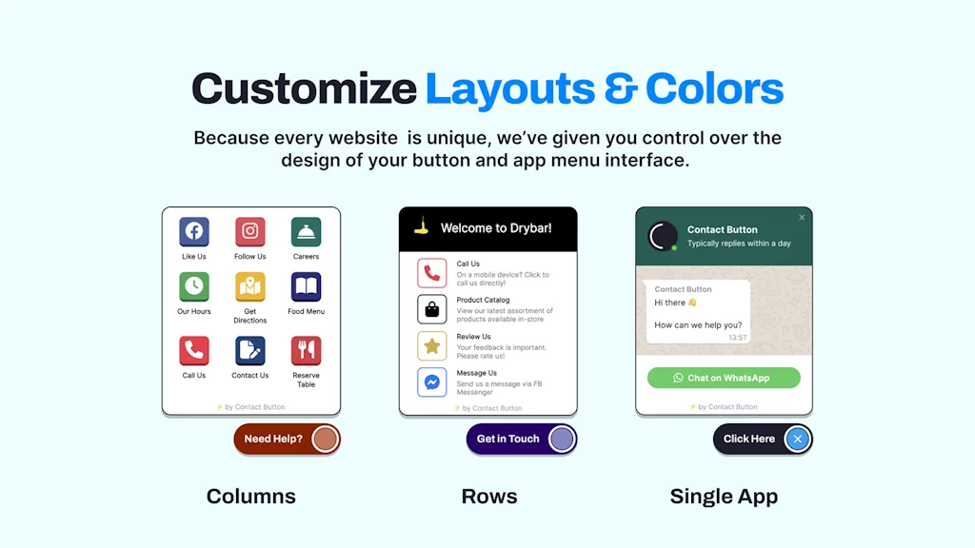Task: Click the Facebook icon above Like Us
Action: (x=194, y=231)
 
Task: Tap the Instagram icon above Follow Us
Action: (x=249, y=231)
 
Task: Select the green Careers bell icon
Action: (x=306, y=231)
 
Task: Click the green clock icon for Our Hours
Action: (x=194, y=286)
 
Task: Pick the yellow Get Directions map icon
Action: (x=249, y=286)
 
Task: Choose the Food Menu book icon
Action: (x=306, y=286)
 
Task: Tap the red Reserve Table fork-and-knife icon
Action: (x=306, y=350)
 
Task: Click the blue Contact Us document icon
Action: (x=249, y=350)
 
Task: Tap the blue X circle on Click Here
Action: (x=798, y=439)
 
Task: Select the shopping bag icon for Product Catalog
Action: (x=431, y=309)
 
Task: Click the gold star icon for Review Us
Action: (x=431, y=345)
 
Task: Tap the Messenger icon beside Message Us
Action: (x=431, y=382)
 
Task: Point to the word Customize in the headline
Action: (x=304, y=89)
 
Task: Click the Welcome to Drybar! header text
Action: (x=495, y=228)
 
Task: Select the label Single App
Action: (x=724, y=496)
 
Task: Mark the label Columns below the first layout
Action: (x=251, y=496)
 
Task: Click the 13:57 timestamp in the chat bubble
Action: (x=737, y=338)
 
